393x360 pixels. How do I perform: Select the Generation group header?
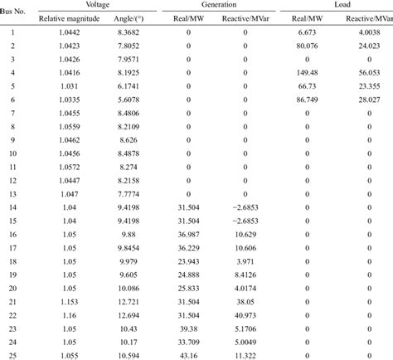[217, 6]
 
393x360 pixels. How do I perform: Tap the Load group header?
[337, 6]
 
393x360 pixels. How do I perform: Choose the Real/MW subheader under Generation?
[189, 20]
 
